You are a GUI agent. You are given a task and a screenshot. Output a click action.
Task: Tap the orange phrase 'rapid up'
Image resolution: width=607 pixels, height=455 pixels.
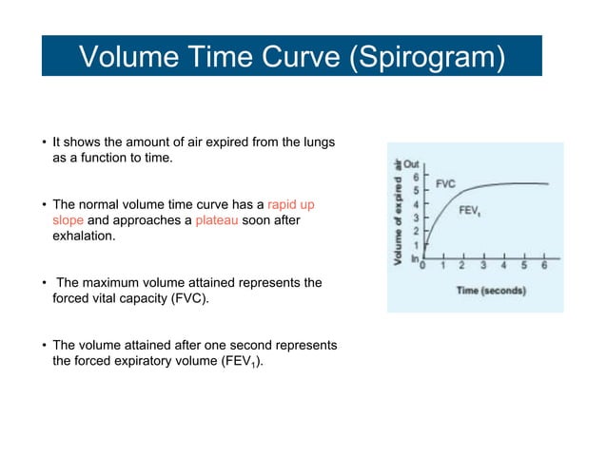(297, 204)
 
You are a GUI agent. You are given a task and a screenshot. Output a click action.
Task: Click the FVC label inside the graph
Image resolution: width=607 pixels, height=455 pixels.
(446, 182)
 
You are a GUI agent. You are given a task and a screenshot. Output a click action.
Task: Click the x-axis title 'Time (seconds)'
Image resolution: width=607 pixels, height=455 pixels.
(489, 290)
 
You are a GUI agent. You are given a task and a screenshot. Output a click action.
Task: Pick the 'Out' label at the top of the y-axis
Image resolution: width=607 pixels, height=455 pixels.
(412, 164)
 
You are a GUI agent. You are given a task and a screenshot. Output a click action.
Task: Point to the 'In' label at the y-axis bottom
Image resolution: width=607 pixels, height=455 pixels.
(413, 258)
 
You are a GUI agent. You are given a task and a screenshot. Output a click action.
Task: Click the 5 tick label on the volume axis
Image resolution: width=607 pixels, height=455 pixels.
(415, 191)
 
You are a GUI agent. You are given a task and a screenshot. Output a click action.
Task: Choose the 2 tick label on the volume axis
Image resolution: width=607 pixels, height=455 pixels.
(415, 231)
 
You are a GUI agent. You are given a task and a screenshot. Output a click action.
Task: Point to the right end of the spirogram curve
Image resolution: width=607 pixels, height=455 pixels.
(548, 184)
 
